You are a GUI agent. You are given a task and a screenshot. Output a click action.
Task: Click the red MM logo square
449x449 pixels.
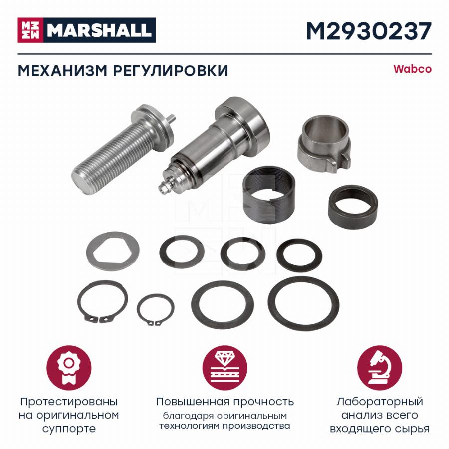coord(30,30)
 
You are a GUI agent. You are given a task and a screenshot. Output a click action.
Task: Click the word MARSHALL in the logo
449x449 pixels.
coord(99,30)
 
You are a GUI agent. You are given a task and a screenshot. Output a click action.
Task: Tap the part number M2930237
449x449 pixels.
coord(369,31)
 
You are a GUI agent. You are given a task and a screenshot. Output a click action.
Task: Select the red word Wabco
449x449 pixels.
coord(413,69)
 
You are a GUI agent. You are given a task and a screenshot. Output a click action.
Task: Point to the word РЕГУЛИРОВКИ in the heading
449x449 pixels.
coord(171,71)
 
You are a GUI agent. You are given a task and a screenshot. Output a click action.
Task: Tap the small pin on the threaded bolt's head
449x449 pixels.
coord(171,118)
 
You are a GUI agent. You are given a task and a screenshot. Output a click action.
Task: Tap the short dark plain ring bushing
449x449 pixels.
coord(353,208)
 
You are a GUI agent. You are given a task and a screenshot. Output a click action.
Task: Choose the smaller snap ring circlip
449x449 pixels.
coord(156,310)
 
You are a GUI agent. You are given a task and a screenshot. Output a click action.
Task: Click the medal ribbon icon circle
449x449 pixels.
coord(69,369)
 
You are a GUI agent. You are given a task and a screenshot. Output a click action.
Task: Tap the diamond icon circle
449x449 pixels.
coord(225,369)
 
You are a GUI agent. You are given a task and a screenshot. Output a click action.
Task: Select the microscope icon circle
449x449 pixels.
coord(380,369)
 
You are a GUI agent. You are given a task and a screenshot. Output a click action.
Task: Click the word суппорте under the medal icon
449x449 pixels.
coord(69,429)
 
